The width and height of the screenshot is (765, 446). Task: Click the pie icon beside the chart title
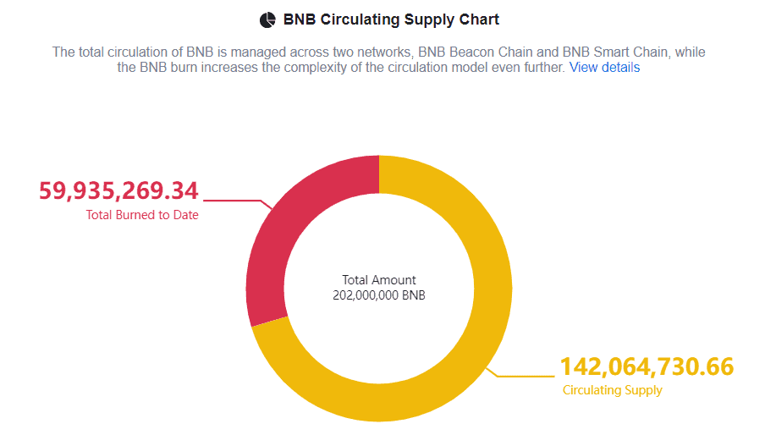pos(267,19)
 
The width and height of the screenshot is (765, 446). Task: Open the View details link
pos(604,68)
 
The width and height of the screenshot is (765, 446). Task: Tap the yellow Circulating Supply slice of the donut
pos(474,339)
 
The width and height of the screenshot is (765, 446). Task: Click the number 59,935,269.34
pos(118,190)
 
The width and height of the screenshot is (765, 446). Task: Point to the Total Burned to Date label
pos(142,215)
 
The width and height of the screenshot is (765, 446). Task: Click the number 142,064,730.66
pos(647,367)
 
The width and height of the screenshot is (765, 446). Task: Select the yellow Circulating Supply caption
pos(613,390)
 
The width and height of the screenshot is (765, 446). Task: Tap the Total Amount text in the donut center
pos(379,280)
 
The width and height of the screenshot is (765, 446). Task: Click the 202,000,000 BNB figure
pos(379,295)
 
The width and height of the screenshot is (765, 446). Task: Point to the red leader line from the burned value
pos(237,201)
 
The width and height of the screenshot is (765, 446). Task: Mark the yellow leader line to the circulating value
pos(525,376)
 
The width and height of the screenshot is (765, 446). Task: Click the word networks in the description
pos(383,52)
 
